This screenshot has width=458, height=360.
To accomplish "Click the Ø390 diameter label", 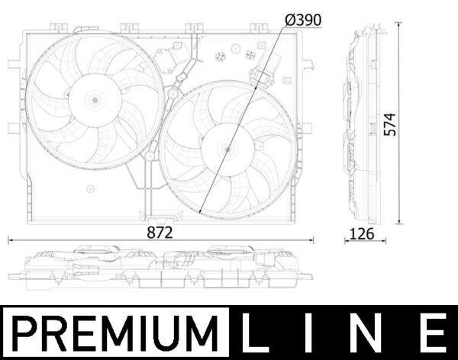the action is click(x=303, y=20).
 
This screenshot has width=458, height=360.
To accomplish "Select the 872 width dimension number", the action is click(x=160, y=233).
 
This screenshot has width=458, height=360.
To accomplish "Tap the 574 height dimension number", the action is click(x=390, y=124).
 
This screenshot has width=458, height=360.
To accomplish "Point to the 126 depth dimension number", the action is click(x=362, y=234).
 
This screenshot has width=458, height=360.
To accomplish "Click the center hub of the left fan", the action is click(x=95, y=100).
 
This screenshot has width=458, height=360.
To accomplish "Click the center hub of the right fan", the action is click(x=227, y=149).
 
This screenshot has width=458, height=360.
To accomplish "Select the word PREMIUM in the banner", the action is click(x=115, y=333).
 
